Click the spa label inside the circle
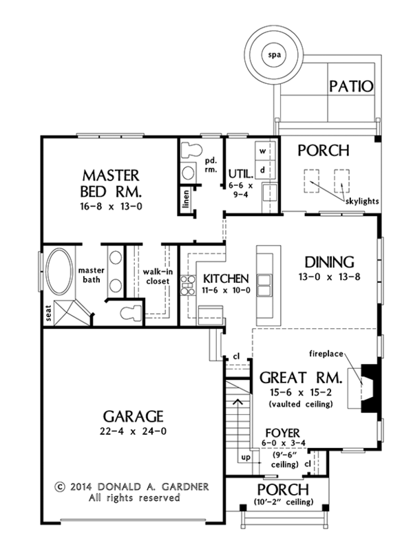point(275,55)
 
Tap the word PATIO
point(351,86)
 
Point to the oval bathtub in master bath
point(60,271)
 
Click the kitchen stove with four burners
point(187,286)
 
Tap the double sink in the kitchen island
point(265,285)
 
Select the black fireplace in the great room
point(369,388)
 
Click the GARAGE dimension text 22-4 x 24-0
point(134,431)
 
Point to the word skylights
point(362,201)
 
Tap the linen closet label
point(186,199)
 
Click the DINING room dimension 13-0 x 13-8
point(329,277)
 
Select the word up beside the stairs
point(246,457)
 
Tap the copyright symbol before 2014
point(61,486)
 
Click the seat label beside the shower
point(48,312)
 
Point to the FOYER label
point(282,433)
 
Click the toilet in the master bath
point(131,313)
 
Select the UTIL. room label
point(240,173)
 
